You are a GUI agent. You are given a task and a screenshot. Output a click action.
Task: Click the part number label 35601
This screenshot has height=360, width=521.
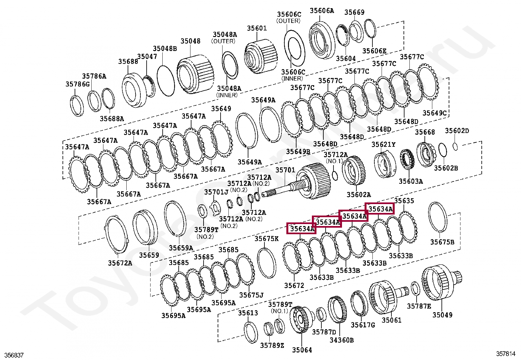click(x=257, y=28)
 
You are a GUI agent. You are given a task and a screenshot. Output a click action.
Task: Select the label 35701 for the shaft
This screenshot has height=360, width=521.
click(x=285, y=170)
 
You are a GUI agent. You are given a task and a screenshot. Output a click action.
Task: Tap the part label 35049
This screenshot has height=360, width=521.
click(x=442, y=315)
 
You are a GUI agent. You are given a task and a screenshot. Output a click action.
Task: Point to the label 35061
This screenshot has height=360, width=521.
click(x=391, y=320)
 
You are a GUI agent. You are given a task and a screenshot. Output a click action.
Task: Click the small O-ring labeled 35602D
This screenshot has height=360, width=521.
click(x=455, y=146)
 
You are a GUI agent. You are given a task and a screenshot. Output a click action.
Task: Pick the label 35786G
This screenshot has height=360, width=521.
click(x=78, y=84)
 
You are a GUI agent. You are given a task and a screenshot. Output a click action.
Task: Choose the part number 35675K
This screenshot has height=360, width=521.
click(x=266, y=239)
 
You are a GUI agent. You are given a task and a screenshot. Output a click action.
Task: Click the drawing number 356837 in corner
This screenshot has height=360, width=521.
click(x=14, y=355)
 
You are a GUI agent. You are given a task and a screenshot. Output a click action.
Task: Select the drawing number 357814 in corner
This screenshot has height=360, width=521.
click(x=506, y=354)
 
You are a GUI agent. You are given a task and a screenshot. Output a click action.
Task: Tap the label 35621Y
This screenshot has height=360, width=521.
click(x=383, y=144)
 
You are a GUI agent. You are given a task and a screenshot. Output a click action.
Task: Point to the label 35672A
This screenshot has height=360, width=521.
click(x=120, y=263)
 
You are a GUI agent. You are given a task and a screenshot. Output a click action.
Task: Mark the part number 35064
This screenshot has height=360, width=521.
click(x=302, y=350)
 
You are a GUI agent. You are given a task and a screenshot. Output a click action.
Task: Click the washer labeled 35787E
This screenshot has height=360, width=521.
click(x=415, y=289)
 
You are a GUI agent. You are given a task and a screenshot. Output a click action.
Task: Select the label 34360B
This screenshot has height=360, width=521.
click(x=341, y=340)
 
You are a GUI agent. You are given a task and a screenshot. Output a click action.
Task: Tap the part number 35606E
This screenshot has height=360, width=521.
click(x=374, y=51)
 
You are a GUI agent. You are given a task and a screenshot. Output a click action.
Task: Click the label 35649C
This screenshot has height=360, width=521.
click(x=434, y=113)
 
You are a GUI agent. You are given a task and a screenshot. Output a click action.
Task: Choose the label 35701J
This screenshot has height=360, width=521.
click(x=216, y=192)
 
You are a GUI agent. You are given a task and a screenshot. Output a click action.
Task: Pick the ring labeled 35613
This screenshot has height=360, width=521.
click(x=251, y=332)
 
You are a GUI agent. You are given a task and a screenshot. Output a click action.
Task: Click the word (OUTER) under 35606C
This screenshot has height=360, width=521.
click(x=288, y=21)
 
